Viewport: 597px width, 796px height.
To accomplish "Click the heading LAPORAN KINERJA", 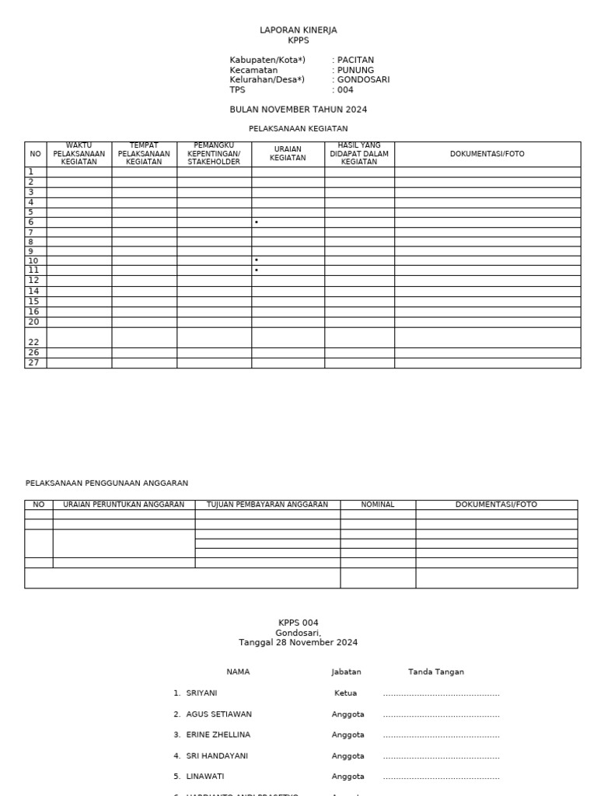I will tap(298, 30).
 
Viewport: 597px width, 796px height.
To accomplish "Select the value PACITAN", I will tap(355, 60).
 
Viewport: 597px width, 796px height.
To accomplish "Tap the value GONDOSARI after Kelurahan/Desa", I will tap(363, 80).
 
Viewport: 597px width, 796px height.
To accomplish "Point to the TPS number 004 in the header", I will tap(345, 90).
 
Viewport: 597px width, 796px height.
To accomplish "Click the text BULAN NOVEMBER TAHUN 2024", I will tap(298, 110).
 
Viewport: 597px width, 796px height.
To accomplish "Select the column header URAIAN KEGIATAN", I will tap(288, 154).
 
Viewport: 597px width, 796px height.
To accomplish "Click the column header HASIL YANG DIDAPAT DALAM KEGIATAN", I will tap(359, 154).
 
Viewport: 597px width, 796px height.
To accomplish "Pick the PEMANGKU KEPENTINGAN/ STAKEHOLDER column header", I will tap(214, 154).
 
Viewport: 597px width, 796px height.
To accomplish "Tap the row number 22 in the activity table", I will tap(33, 342).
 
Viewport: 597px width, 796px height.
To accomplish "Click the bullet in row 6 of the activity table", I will tap(257, 223).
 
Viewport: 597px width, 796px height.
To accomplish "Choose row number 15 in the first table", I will tap(33, 302).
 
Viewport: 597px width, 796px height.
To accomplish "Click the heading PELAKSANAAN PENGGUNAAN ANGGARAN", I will tap(106, 484).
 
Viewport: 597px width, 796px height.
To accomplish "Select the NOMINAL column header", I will tap(378, 504).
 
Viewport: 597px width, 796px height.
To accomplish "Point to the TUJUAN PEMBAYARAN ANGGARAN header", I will tap(267, 504).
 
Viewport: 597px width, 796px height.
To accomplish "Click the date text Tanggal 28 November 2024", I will tap(298, 643).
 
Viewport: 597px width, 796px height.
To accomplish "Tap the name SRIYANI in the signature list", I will tap(201, 693).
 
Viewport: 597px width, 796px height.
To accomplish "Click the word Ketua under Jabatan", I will tap(345, 693).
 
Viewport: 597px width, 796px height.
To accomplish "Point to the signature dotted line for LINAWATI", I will tap(441, 777).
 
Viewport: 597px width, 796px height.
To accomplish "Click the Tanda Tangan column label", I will tap(435, 672).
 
